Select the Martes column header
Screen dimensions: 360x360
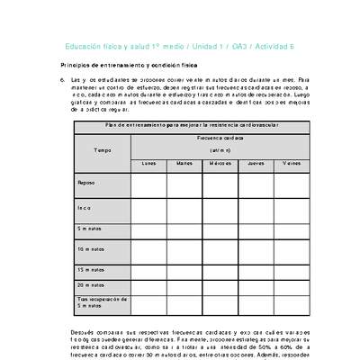click(184, 164)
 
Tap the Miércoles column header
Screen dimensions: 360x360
click(220, 164)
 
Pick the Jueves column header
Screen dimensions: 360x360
click(256, 164)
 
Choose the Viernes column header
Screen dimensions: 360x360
click(291, 164)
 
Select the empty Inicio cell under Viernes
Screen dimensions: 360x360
click(291, 207)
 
